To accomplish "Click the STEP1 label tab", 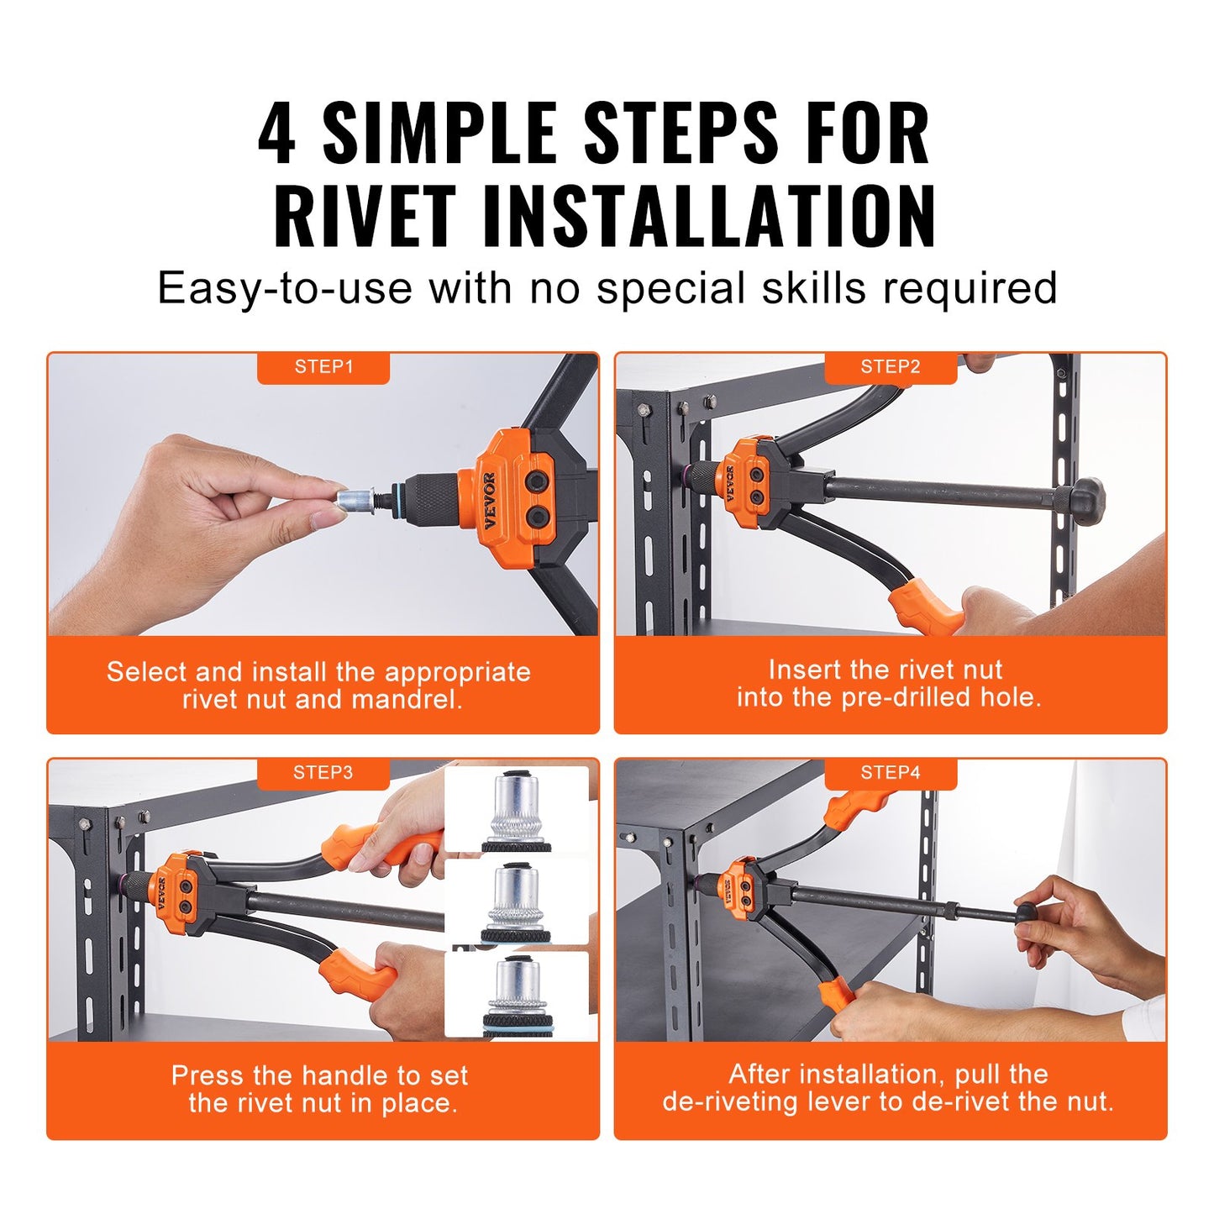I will pyautogui.click(x=323, y=367).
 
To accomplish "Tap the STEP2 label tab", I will pyautogui.click(x=891, y=367).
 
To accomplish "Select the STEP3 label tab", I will pyautogui.click(x=323, y=773).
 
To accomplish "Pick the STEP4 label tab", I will pyautogui.click(x=891, y=773).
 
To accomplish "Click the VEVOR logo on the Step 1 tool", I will pyautogui.click(x=489, y=501).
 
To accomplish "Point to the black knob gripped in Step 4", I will pyautogui.click(x=1028, y=914).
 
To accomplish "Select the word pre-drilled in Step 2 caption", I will pyautogui.click(x=907, y=697).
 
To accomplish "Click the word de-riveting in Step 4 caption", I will pyautogui.click(x=729, y=1101).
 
